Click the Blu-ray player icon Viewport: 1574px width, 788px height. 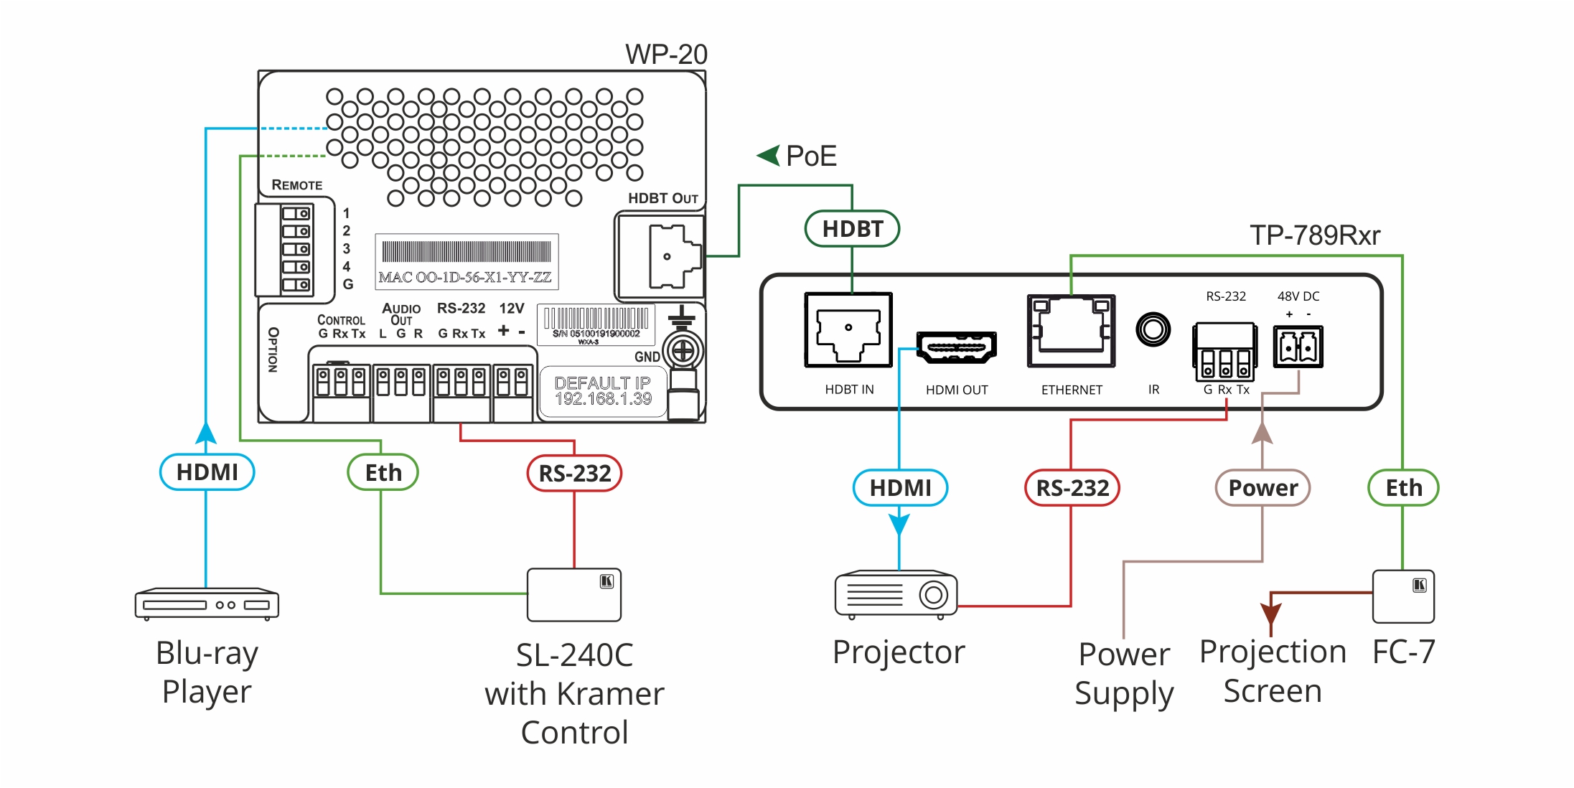coord(207,604)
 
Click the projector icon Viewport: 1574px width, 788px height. coord(896,594)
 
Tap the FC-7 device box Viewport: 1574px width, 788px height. coord(1403,596)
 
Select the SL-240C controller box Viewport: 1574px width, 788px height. coord(573,595)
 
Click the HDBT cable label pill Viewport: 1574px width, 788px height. coord(852,229)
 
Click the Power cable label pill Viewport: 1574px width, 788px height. coord(1263,488)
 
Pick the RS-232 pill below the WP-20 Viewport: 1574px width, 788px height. coord(574,473)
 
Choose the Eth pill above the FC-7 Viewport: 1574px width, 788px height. coord(1403,488)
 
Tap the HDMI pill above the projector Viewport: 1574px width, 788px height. coord(900,488)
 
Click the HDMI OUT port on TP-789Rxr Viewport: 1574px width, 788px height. coord(956,348)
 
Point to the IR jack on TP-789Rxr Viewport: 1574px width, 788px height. coord(1153,330)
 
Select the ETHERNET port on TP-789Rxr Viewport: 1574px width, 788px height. coord(1071,331)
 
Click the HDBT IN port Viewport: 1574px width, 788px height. coord(848,330)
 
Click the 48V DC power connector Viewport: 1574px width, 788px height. coord(1298,347)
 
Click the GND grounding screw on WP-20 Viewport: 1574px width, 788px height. coord(683,351)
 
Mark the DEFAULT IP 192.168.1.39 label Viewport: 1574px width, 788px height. coord(603,391)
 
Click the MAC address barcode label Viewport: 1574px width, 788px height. coord(467,261)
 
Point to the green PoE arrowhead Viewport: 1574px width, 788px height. coord(769,155)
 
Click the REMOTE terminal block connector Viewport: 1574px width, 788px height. coord(295,249)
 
